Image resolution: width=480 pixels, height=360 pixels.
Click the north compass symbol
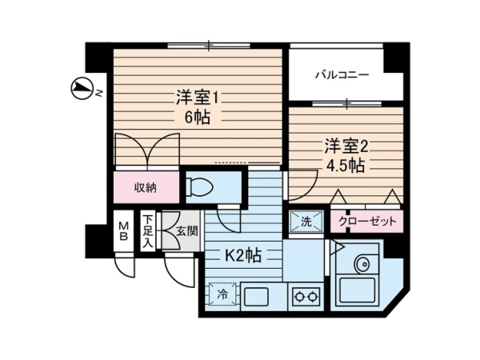(x=82, y=89)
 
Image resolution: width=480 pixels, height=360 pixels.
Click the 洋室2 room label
(x=346, y=146)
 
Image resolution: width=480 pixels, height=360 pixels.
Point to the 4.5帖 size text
(x=346, y=166)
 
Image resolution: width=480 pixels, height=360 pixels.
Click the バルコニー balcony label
(x=342, y=74)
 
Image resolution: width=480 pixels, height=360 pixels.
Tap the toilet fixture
(x=200, y=186)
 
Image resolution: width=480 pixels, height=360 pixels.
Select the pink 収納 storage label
(x=146, y=187)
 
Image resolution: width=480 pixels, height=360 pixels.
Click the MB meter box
(x=124, y=231)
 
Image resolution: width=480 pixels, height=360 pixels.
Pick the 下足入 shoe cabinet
(x=149, y=231)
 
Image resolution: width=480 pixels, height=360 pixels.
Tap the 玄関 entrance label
(x=186, y=231)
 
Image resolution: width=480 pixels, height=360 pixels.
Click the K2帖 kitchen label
(x=243, y=256)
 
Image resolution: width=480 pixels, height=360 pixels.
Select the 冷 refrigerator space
(x=223, y=294)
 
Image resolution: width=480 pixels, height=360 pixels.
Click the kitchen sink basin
(x=257, y=296)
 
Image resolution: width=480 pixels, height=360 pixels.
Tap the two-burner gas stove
(x=306, y=296)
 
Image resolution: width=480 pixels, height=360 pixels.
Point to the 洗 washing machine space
(x=306, y=222)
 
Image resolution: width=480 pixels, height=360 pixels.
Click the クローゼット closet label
(x=367, y=221)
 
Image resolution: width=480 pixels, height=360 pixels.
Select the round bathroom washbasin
(x=362, y=263)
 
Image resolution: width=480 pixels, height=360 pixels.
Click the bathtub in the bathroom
(x=357, y=291)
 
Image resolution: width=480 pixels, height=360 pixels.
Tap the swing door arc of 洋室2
(x=310, y=190)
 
